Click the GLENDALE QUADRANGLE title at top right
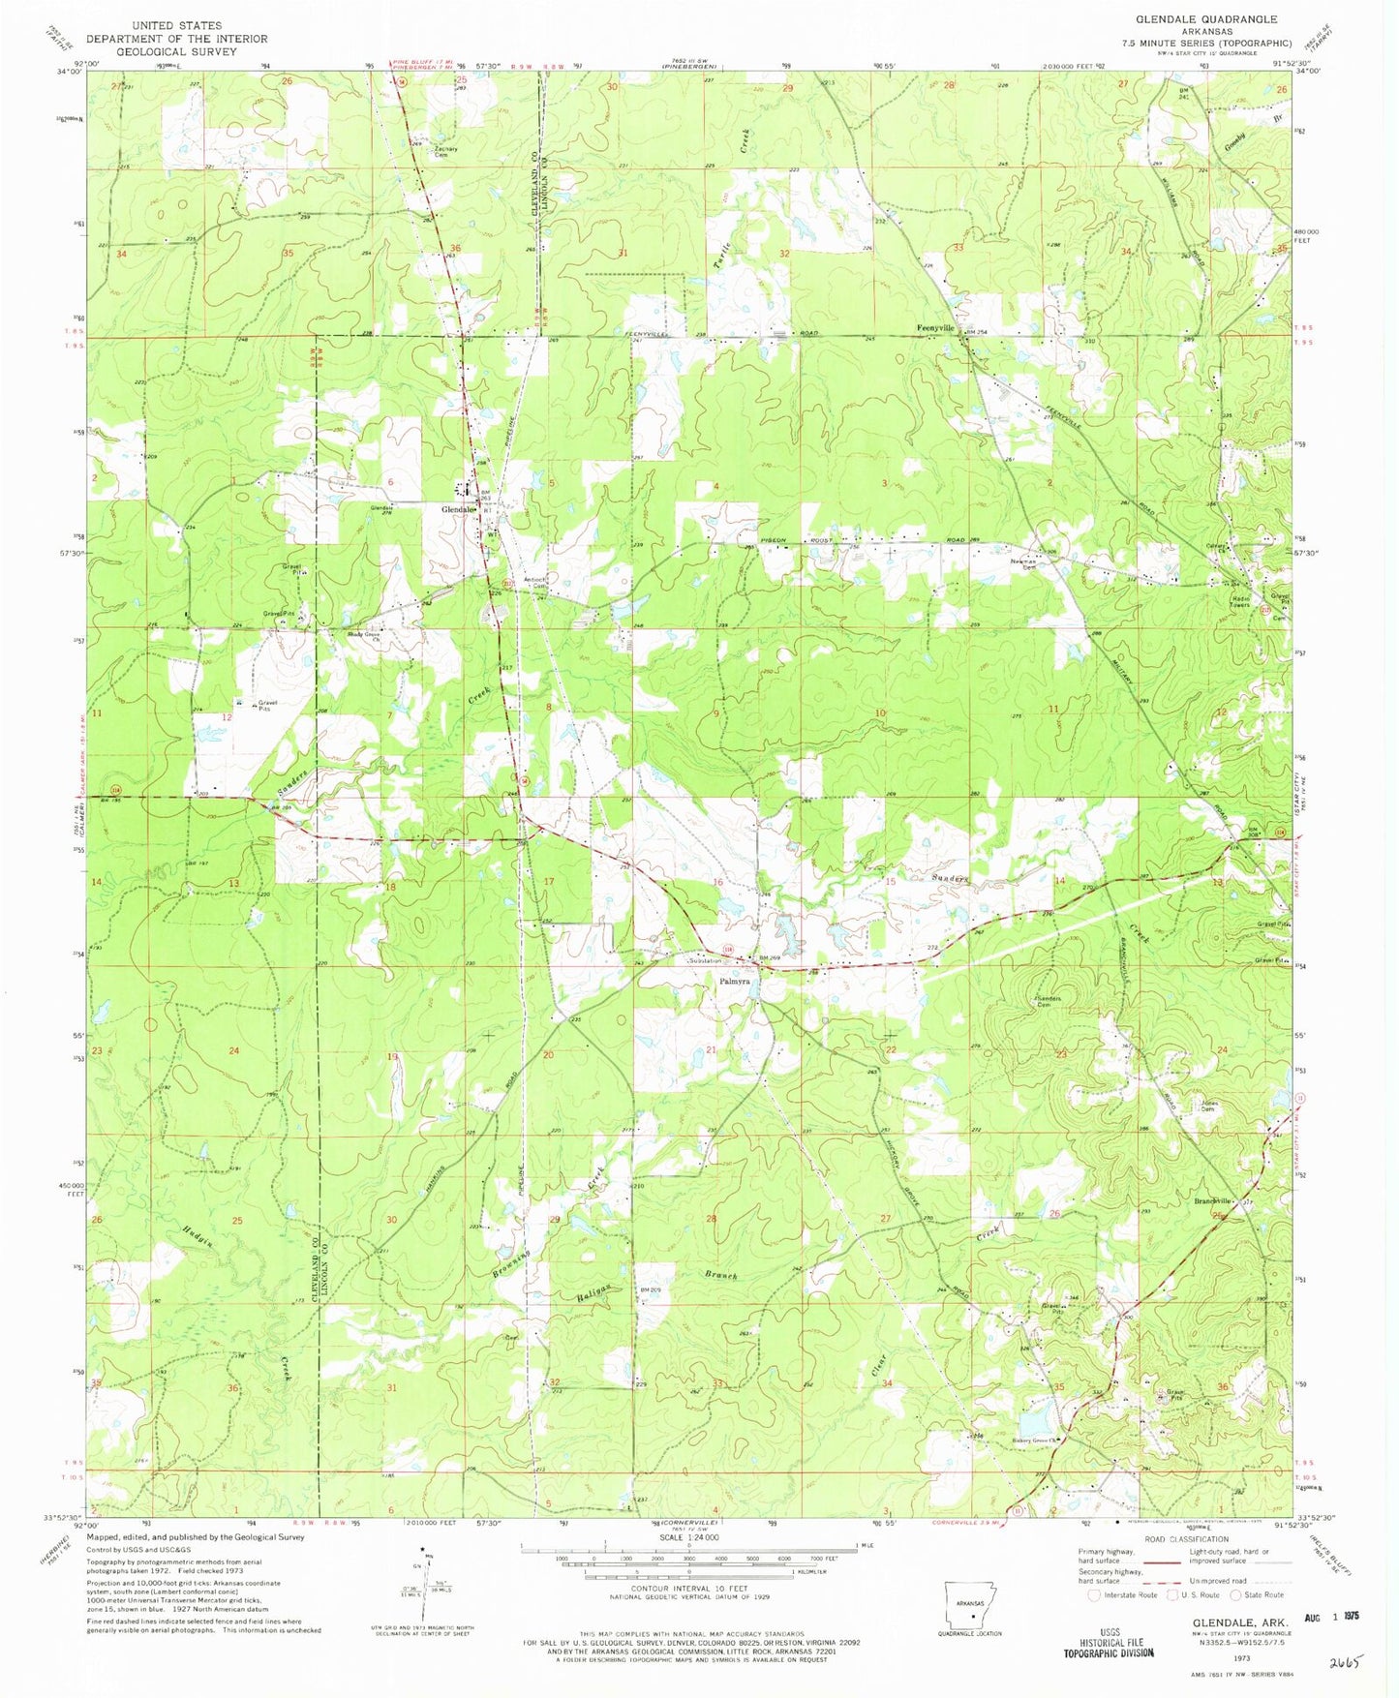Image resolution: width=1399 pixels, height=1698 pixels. pyautogui.click(x=1205, y=19)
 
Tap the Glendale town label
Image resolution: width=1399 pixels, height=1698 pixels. pyautogui.click(x=458, y=509)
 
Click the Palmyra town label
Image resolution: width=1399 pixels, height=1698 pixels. pyautogui.click(x=735, y=981)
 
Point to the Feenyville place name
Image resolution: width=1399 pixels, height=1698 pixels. pyautogui.click(x=935, y=328)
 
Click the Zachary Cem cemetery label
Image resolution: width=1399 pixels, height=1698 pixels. pyautogui.click(x=445, y=151)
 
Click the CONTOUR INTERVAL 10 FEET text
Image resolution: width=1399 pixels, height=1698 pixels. pyautogui.click(x=688, y=1589)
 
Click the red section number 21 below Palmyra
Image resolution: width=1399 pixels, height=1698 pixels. pyautogui.click(x=711, y=1050)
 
